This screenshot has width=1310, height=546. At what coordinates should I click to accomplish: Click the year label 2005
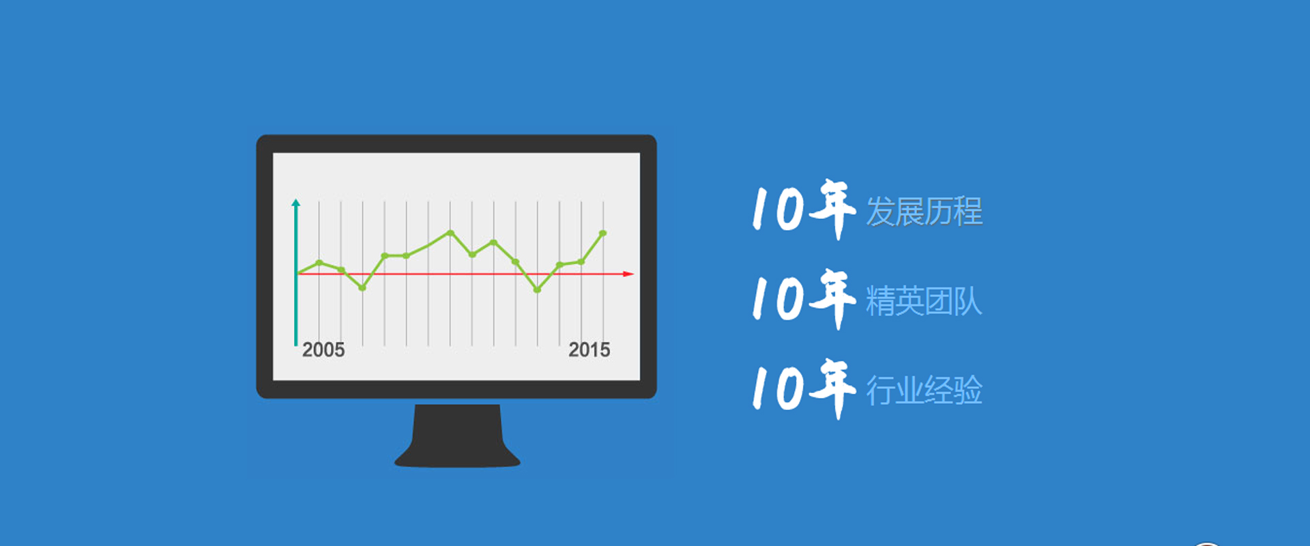(x=323, y=350)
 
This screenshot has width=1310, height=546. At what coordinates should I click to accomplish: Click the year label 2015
(x=589, y=350)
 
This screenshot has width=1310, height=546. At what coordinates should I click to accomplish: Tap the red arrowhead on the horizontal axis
(x=628, y=274)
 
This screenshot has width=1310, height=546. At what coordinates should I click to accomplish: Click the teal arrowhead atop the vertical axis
(x=295, y=203)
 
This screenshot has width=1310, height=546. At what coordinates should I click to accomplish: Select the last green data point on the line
(x=603, y=233)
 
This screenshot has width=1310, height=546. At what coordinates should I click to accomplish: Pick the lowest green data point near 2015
(x=537, y=290)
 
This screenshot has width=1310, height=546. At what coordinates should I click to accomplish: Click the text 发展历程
(x=925, y=212)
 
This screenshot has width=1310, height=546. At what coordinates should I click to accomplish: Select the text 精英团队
(x=925, y=301)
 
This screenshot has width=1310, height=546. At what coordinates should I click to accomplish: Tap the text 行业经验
(x=925, y=390)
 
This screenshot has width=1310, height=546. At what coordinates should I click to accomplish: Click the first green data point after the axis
(x=319, y=263)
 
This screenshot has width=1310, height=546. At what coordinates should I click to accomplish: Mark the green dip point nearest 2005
(x=362, y=288)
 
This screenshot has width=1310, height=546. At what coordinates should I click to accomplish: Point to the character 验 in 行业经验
(x=969, y=390)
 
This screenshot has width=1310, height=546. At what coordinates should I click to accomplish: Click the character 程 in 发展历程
(x=969, y=212)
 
